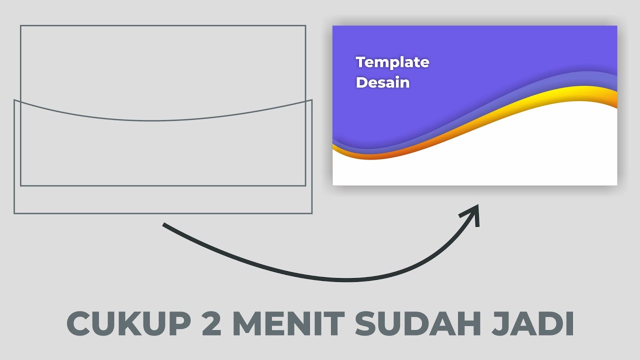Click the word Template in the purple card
click(x=392, y=62)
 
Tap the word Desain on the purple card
click(x=382, y=82)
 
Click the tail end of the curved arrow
click(x=164, y=224)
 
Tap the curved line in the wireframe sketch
click(x=152, y=120)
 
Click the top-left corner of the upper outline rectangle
click(x=20, y=25)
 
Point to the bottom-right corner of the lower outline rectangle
click(x=312, y=213)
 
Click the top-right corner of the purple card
click(x=616, y=26)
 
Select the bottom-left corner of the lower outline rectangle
click(x=14, y=213)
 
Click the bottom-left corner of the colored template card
click(x=333, y=184)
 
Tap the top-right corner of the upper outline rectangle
click(x=305, y=25)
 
